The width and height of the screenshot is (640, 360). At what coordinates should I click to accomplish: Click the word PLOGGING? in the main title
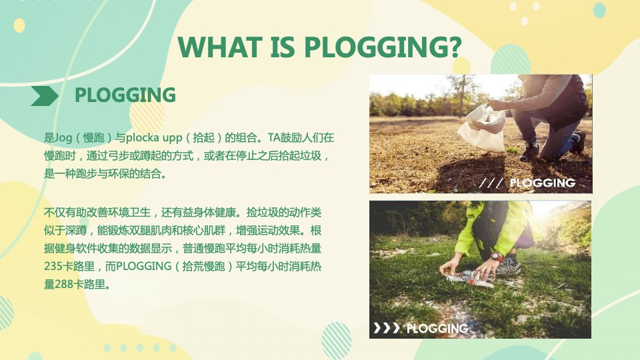(x=383, y=47)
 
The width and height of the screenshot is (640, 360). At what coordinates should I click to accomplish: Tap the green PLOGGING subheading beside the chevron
(x=125, y=95)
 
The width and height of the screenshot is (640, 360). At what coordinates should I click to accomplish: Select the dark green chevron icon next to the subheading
(x=45, y=96)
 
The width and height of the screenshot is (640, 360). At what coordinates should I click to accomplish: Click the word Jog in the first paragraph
(x=63, y=139)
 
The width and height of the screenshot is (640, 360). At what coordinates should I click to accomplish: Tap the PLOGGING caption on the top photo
(x=542, y=183)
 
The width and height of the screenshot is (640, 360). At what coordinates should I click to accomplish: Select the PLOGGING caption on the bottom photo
(x=437, y=328)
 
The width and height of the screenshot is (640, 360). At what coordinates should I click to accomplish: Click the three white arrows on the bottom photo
(x=386, y=328)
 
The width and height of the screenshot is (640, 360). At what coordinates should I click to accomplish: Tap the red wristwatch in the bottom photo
(x=496, y=257)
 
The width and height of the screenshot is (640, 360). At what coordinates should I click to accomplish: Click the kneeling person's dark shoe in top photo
(x=578, y=141)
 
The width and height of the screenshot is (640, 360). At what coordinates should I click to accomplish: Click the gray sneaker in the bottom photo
(x=508, y=267)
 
